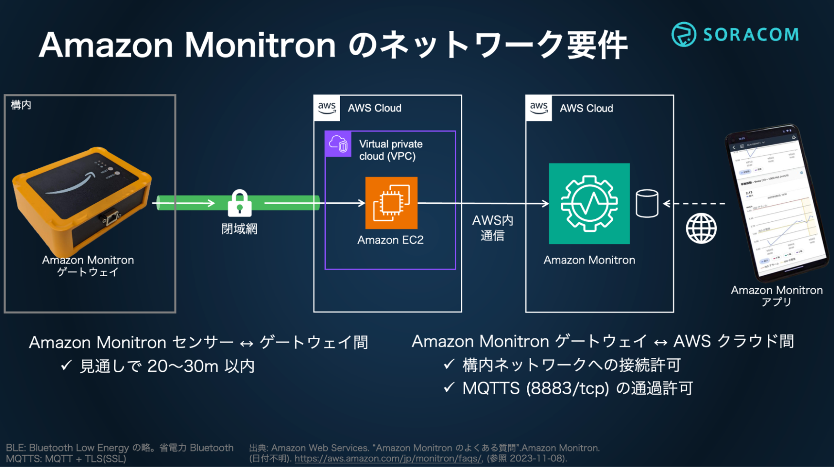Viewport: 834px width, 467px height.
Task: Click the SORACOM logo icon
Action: (683, 34)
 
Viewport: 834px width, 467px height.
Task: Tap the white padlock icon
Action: (239, 203)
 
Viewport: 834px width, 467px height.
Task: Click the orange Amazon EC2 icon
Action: (391, 203)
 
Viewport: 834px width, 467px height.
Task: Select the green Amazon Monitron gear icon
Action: (589, 203)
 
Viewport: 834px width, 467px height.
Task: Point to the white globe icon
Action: (701, 228)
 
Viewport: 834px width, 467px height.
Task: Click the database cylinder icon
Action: (647, 203)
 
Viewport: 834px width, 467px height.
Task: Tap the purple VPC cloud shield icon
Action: (338, 144)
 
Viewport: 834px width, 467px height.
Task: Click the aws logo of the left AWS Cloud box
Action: (327, 107)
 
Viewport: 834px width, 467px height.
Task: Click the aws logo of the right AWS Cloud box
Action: (539, 107)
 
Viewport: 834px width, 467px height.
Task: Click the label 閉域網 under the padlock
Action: (239, 229)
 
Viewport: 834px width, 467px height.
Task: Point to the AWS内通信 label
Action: (493, 227)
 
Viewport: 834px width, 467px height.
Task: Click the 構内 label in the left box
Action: (21, 105)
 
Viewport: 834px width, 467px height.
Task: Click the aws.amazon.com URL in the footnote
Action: (388, 458)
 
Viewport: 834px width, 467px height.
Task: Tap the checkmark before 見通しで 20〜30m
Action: (66, 365)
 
